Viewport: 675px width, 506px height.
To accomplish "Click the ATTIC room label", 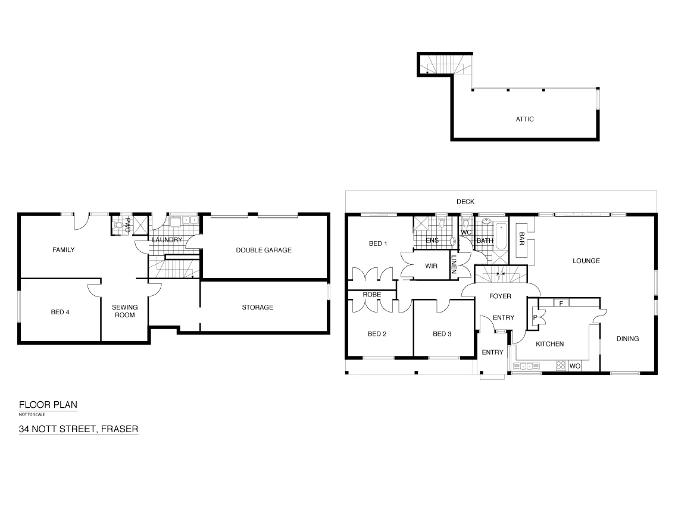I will pos(524,119).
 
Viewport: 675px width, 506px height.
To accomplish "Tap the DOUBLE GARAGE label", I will pos(264,250).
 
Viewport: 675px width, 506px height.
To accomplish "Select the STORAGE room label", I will pos(258,307).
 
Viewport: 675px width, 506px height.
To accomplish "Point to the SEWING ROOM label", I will pos(125,311).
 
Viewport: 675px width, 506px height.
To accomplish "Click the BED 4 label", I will pos(60,311).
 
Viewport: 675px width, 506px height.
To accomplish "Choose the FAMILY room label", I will pos(64,250).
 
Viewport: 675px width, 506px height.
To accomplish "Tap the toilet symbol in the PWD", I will pos(118,225).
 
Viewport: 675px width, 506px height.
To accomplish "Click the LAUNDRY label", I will pos(167,240).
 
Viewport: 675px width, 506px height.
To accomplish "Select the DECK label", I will pos(465,202).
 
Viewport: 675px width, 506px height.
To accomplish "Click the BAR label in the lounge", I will pos(521,238).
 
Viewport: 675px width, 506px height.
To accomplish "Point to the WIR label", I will pos(431,266).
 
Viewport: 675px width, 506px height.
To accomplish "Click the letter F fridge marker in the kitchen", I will pos(561,303).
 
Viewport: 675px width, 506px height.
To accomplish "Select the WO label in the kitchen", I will pos(574,366).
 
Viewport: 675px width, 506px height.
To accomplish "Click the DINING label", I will pos(627,339).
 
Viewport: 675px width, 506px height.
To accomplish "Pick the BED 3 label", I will pos(442,334).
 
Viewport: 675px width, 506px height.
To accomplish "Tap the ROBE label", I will pos(372,295).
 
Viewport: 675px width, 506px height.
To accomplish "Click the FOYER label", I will pos(500,296).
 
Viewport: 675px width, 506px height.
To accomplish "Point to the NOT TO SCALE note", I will pos(32,414).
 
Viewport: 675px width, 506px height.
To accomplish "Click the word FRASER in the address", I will pos(120,428).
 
